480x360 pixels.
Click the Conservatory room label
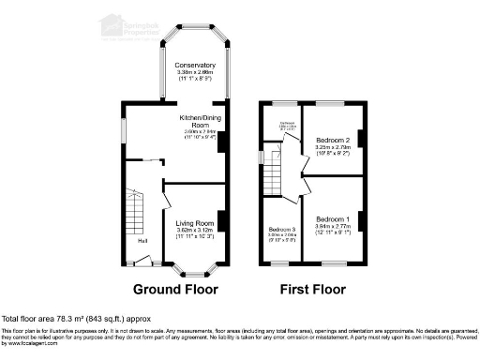click(196, 65)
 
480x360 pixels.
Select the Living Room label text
click(196, 222)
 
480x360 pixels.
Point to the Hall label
click(142, 241)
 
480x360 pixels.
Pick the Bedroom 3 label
click(281, 230)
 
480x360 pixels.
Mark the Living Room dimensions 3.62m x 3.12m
click(196, 231)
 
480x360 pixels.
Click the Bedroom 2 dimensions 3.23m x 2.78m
click(332, 147)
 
